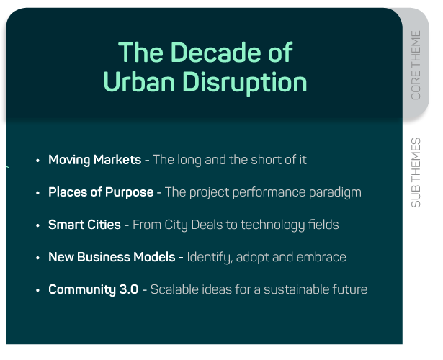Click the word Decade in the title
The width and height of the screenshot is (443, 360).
tap(215, 52)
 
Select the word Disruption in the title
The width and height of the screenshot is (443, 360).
tap(245, 83)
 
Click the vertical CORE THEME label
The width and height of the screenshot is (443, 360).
tap(416, 66)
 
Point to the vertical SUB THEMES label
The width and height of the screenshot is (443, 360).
tap(416, 173)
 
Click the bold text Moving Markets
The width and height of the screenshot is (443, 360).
tap(94, 160)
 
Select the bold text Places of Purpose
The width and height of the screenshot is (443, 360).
tap(101, 192)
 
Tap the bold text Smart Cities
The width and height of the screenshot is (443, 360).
tap(84, 225)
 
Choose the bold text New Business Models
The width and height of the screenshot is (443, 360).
tap(112, 257)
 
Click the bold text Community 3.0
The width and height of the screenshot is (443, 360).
tap(93, 289)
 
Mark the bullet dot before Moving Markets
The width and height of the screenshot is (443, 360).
tap(38, 161)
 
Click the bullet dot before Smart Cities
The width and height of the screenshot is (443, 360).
tap(38, 225)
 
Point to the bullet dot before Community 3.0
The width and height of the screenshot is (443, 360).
tap(38, 290)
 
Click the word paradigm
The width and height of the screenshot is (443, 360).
tap(335, 193)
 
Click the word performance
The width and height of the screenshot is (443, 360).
tap(269, 193)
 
